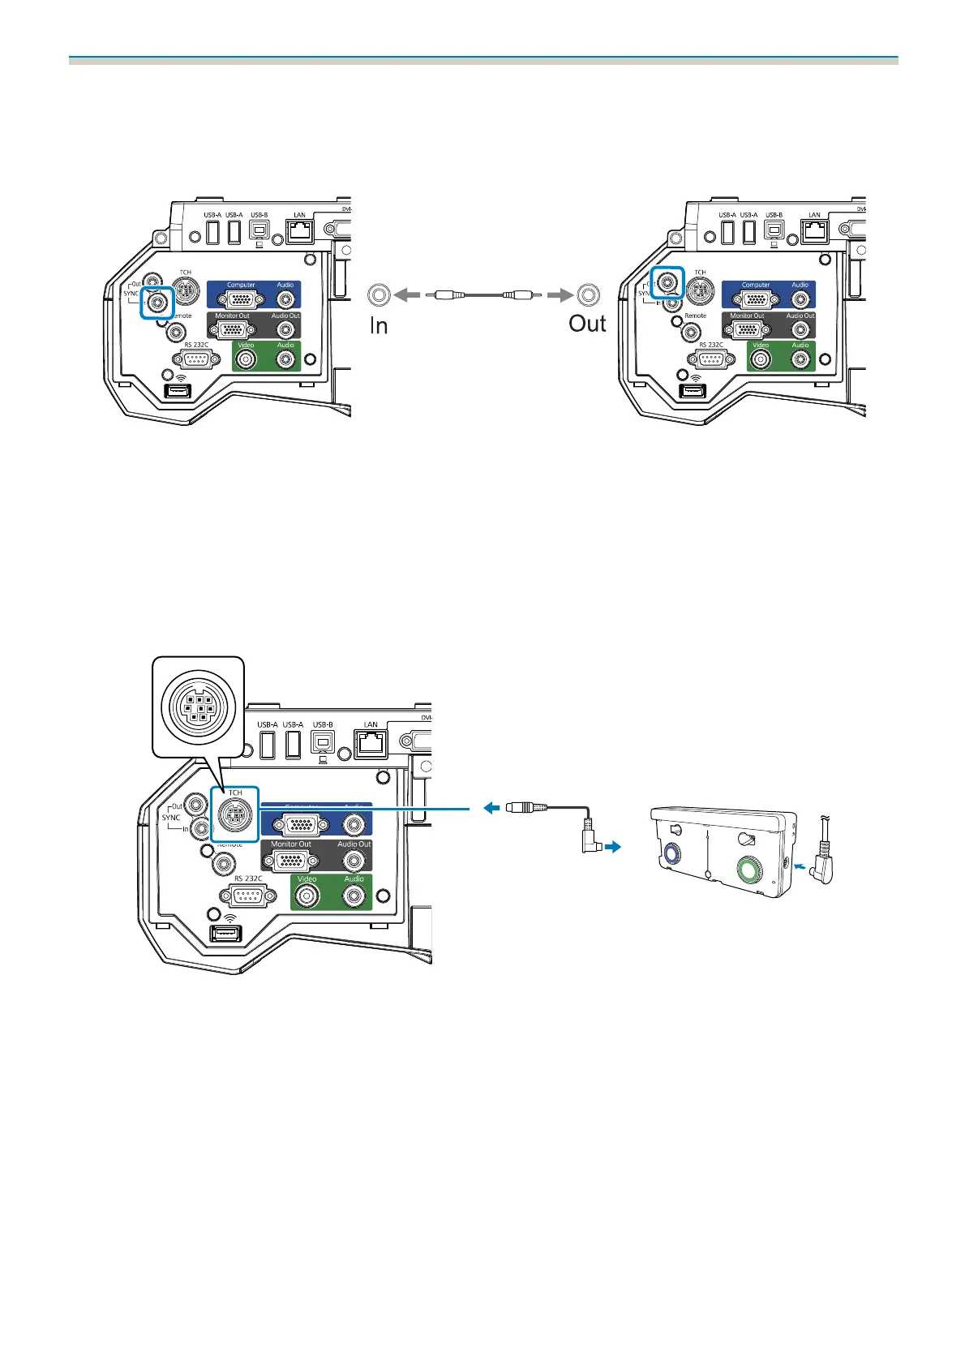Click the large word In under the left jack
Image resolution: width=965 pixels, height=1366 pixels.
pyautogui.click(x=379, y=326)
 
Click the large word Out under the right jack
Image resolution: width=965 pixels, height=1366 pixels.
pyautogui.click(x=587, y=324)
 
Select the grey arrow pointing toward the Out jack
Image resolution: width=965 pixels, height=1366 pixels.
pyautogui.click(x=559, y=295)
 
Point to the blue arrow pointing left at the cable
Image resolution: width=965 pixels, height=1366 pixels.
pyautogui.click(x=491, y=808)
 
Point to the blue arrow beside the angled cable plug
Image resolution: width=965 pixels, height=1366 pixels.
pyautogui.click(x=614, y=847)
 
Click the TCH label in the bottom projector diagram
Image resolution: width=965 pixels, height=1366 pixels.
pyautogui.click(x=235, y=793)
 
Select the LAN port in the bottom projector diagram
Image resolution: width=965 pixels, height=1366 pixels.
pyautogui.click(x=371, y=743)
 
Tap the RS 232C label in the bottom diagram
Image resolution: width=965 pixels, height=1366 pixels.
pyautogui.click(x=248, y=878)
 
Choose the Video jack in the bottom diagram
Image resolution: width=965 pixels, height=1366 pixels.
pyautogui.click(x=307, y=896)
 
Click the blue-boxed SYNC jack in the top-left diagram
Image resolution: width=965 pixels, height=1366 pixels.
pyautogui.click(x=157, y=303)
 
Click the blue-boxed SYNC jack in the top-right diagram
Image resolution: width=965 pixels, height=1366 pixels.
pyautogui.click(x=668, y=282)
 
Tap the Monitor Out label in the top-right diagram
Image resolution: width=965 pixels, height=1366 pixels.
pyautogui.click(x=747, y=316)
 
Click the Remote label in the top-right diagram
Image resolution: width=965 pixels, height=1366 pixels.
pyautogui.click(x=696, y=316)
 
